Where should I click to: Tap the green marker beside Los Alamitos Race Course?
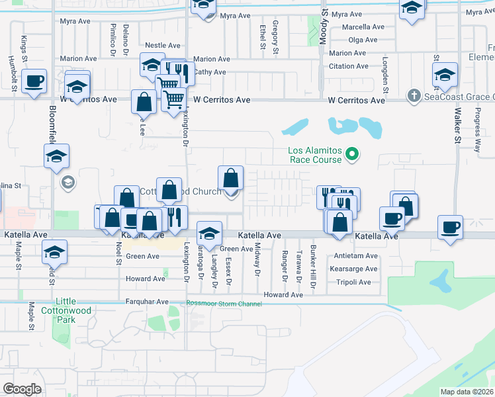pos(353,155)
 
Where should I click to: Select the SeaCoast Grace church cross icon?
pos(414,97)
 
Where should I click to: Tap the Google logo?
pos(22,388)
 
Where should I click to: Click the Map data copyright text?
pos(467,392)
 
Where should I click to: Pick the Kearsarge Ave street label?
pos(354,269)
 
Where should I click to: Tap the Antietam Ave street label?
pos(355,256)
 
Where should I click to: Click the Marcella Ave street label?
pos(363,27)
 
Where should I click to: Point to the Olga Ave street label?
pos(363,40)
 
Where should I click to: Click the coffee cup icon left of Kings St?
pos(34,82)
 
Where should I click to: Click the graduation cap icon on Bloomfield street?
pos(57,157)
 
